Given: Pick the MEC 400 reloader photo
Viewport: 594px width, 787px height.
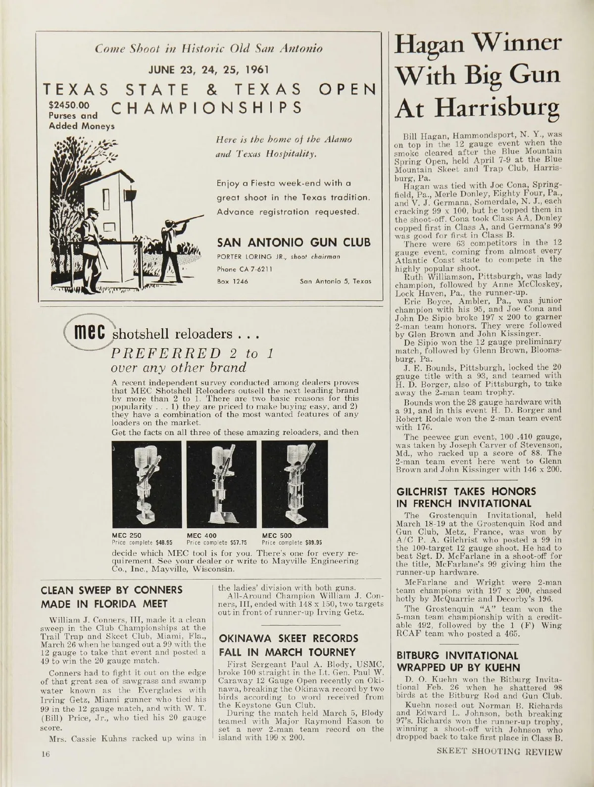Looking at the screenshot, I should pos(221,485).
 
